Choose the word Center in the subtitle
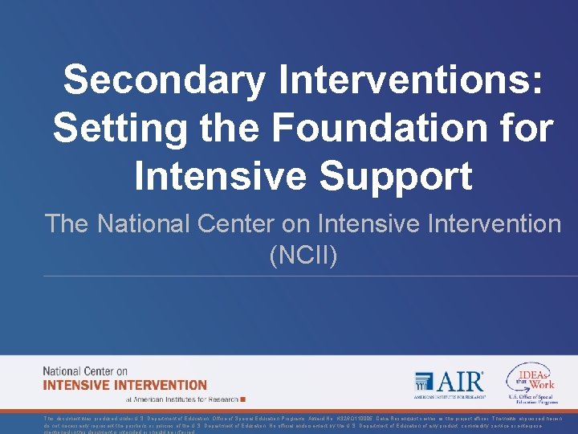pos(261,223)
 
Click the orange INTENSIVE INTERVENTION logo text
pos(124,385)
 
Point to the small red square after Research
pos(243,399)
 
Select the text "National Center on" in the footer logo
pos(85,371)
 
